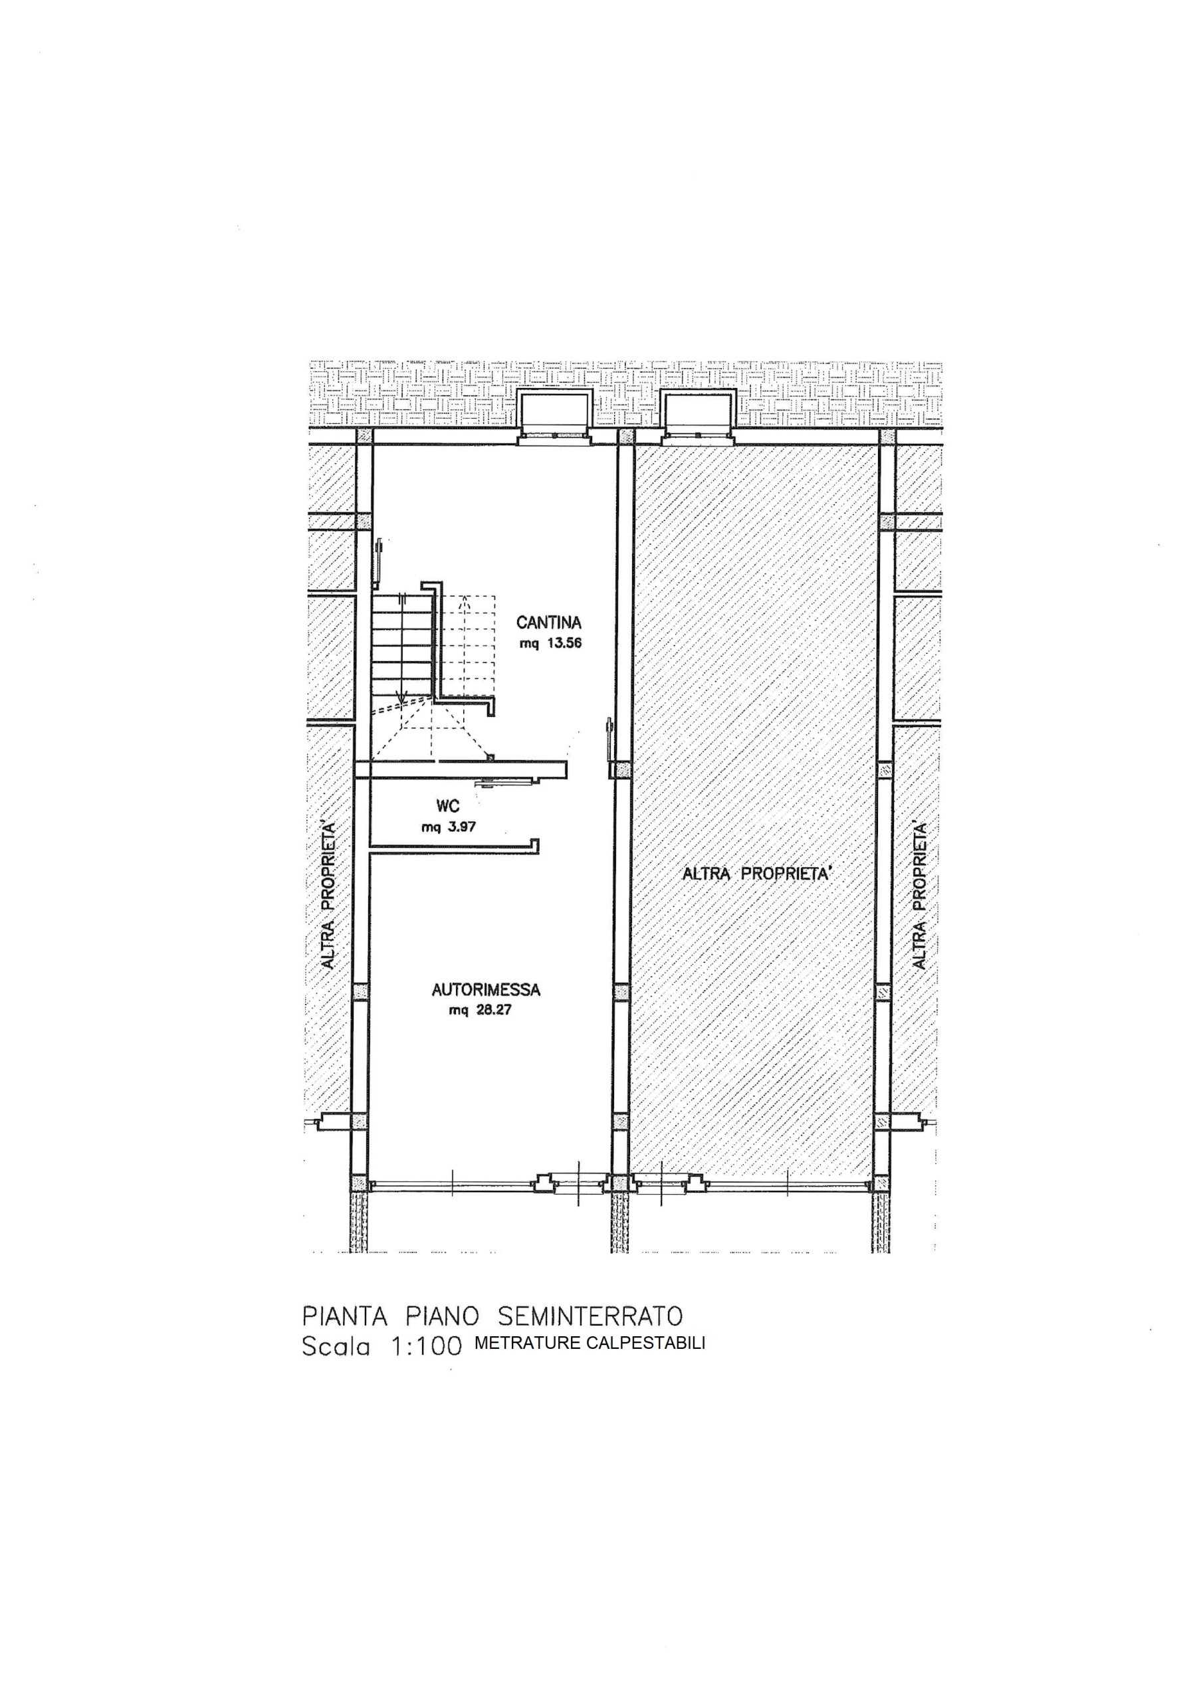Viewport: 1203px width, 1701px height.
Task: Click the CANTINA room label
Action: click(x=548, y=624)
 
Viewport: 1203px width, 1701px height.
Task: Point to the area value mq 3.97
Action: click(x=449, y=827)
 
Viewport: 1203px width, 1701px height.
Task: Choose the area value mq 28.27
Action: click(x=481, y=1011)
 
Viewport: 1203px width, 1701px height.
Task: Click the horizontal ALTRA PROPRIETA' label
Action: click(x=758, y=874)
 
